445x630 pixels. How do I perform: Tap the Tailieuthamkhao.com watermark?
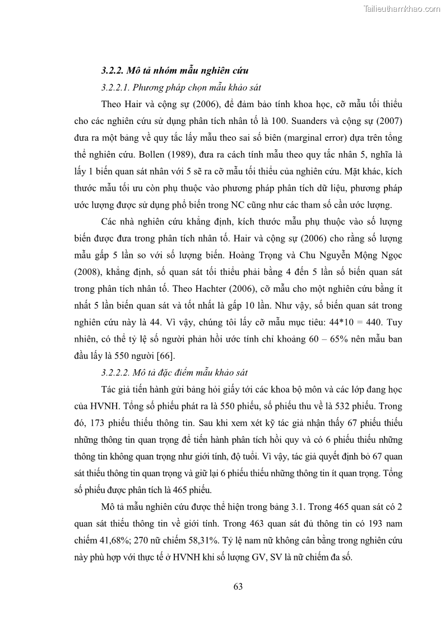pyautogui.click(x=402, y=8)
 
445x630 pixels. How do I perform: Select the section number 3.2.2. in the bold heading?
pyautogui.click(x=114, y=71)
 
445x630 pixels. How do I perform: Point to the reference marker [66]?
pyautogui.click(x=165, y=356)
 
